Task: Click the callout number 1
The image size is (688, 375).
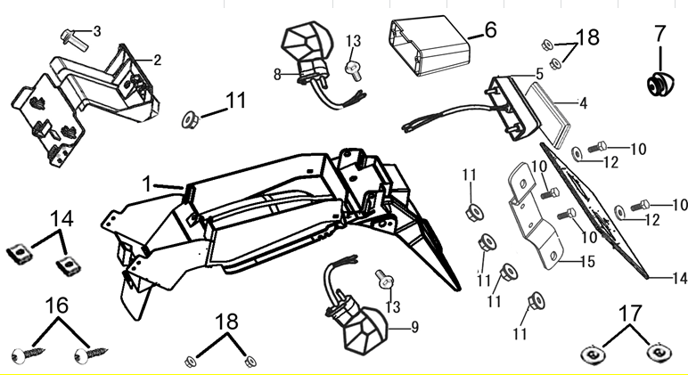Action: coord(147,183)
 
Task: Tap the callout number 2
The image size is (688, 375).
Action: coord(157,61)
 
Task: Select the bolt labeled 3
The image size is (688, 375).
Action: coord(74,38)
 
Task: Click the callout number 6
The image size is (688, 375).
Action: coord(488,29)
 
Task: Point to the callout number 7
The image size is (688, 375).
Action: coord(659,36)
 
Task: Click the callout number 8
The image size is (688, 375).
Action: coord(277,72)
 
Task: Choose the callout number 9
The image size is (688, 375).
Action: coord(414,327)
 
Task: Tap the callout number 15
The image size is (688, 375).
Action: coord(587,262)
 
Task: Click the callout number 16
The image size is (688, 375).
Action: coord(56,306)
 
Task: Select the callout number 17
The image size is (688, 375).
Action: coord(629,314)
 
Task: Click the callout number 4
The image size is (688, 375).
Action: coord(583,103)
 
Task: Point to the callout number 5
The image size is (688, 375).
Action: coord(539,73)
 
